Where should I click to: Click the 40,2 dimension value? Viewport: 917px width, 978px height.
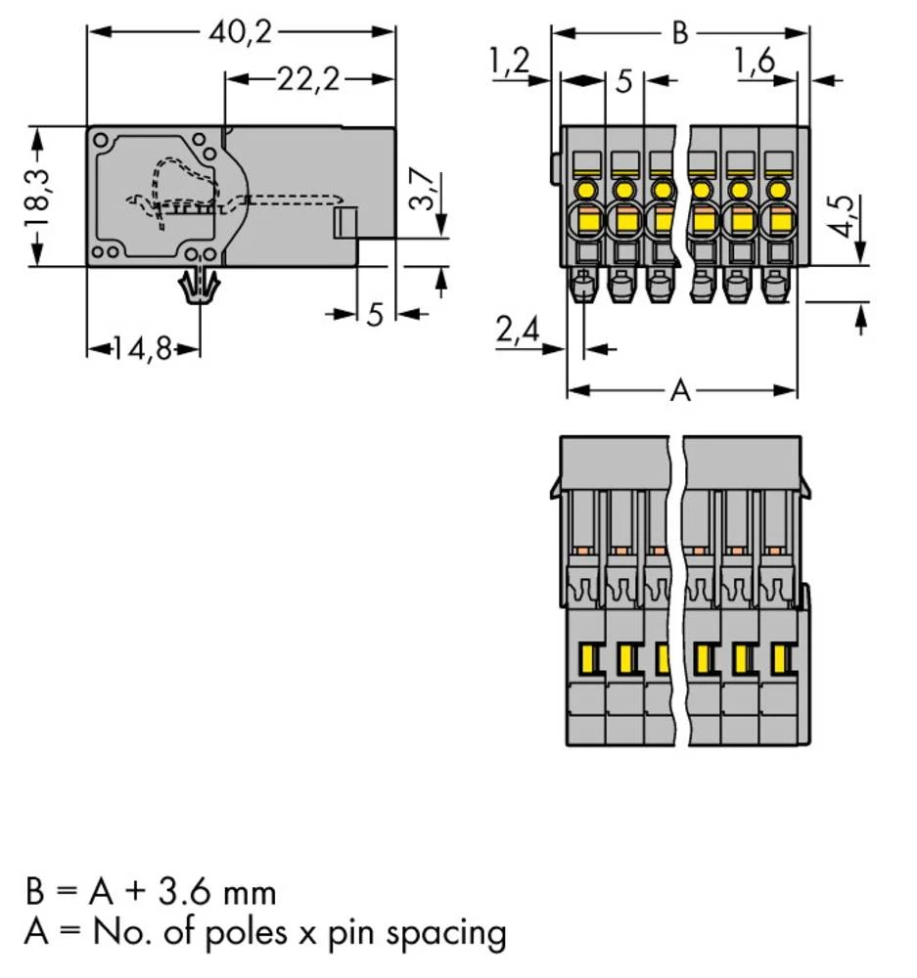(x=239, y=31)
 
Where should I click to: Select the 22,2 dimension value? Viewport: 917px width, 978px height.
(x=307, y=80)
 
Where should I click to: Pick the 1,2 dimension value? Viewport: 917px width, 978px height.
(x=508, y=62)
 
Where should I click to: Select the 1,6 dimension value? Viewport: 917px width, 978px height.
(x=754, y=62)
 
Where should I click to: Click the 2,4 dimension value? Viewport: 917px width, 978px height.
(x=518, y=333)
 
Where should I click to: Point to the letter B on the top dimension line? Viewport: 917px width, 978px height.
(x=679, y=32)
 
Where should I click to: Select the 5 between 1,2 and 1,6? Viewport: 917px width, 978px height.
(x=624, y=81)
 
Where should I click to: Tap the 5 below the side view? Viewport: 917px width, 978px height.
(x=375, y=315)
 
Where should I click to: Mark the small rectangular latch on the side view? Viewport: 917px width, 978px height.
(x=344, y=223)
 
